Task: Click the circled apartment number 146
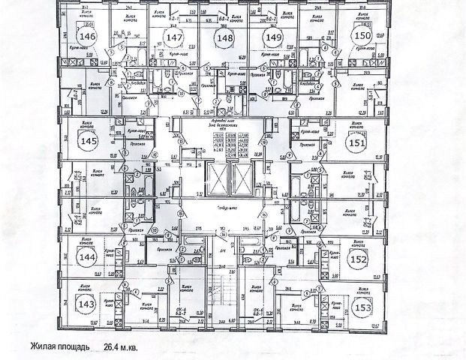(x=89, y=36)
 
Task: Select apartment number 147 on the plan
(x=175, y=39)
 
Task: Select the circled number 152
(x=359, y=258)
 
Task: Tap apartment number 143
(x=88, y=305)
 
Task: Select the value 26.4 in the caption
(x=113, y=348)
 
